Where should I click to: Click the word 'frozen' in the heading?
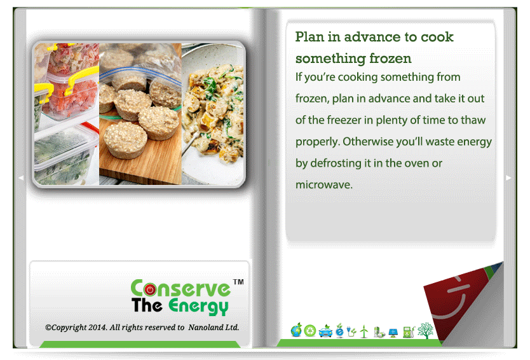[390, 59]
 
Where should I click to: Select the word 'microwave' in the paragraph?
[323, 184]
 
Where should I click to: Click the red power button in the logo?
[150, 289]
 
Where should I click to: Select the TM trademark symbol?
[238, 282]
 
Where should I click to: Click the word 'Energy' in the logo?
[198, 307]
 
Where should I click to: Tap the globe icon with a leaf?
[296, 330]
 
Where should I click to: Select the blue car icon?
[325, 331]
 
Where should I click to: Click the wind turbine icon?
[364, 331]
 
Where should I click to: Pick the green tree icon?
[425, 330]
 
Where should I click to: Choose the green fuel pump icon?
[409, 331]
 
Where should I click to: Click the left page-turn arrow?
[21, 177]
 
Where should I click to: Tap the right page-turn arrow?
[508, 177]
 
